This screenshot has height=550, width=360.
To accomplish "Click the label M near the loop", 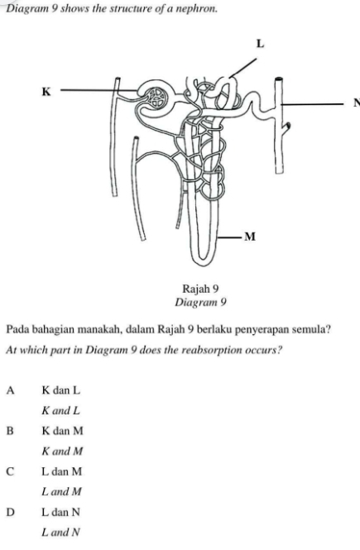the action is pos(249,237).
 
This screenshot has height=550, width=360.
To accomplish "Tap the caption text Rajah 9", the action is pos(203,289).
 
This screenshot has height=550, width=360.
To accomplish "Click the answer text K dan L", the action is pos(60,390).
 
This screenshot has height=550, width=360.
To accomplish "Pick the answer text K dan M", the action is pos(61,431).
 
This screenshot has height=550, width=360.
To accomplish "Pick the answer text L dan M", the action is pos(61,471).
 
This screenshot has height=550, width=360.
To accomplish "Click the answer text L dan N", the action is pos(60,512).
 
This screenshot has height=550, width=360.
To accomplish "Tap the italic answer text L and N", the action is pos(60,532).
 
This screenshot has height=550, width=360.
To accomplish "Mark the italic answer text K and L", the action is pos(60,410).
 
